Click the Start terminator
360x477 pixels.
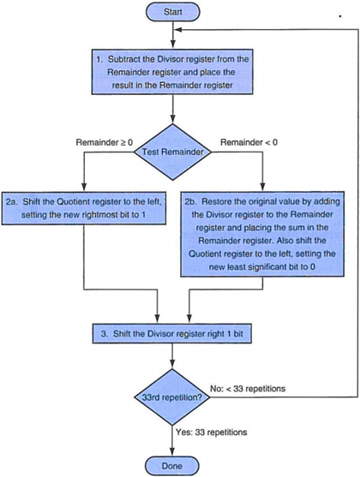174,14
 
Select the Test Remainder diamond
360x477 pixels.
173,152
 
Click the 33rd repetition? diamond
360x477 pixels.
174,397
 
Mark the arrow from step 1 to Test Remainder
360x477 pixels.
174,108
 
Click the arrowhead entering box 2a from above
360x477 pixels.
83,190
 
